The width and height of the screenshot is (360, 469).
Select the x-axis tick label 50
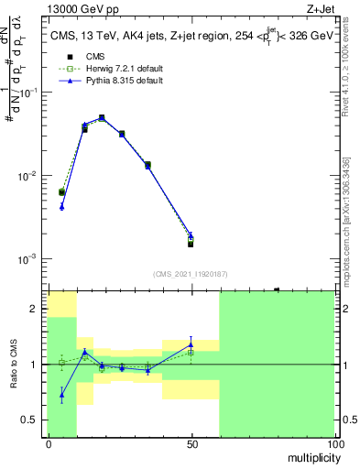pos(191,443)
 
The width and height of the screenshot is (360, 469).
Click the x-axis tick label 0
pos(48,443)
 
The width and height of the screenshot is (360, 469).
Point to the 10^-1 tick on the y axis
pos(32,93)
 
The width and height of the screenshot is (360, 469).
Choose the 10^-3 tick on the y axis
pos(32,259)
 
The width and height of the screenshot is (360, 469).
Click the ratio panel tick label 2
pos(37,309)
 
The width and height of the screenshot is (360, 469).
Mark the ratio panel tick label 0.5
pos(33,420)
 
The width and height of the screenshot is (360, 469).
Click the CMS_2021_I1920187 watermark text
pos(191,273)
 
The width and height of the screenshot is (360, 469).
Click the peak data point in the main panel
pos(102,118)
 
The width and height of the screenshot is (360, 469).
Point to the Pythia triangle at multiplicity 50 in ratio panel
pos(191,345)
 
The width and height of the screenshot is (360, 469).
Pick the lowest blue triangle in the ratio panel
pos(61,396)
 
